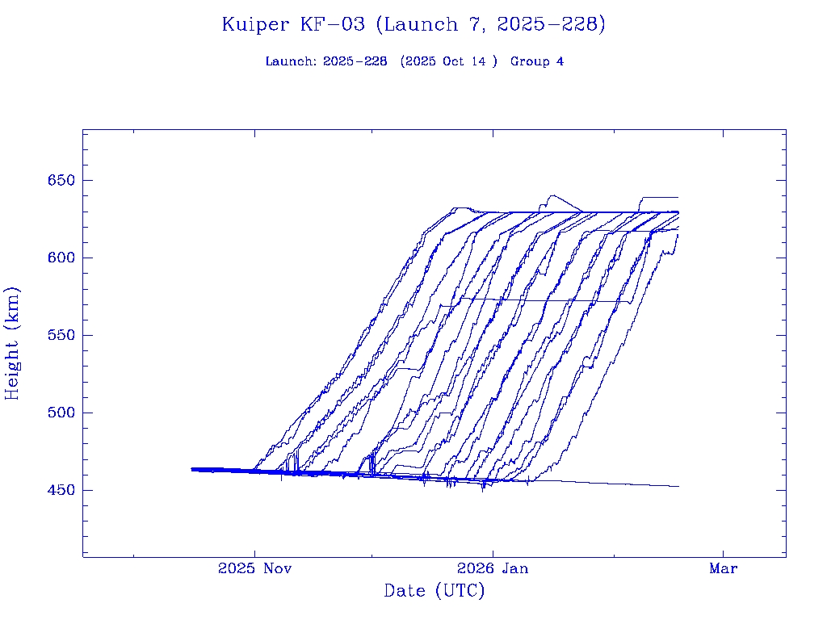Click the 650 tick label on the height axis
pos(61,180)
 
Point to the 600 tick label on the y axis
pos(61,258)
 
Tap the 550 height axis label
pos(61,335)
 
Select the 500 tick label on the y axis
pos(61,413)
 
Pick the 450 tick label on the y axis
pos(61,490)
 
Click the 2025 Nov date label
pos(254,568)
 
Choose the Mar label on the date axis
pos(723,568)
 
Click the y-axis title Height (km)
pos(12,343)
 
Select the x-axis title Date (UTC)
pos(434,591)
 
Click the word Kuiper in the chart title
pos(255,24)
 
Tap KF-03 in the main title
pos(334,24)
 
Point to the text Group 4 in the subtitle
pos(537,61)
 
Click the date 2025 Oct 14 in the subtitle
pos(448,61)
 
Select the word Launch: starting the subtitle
pos(291,61)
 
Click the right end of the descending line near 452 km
pos(678,486)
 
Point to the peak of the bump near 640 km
pos(552,195)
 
